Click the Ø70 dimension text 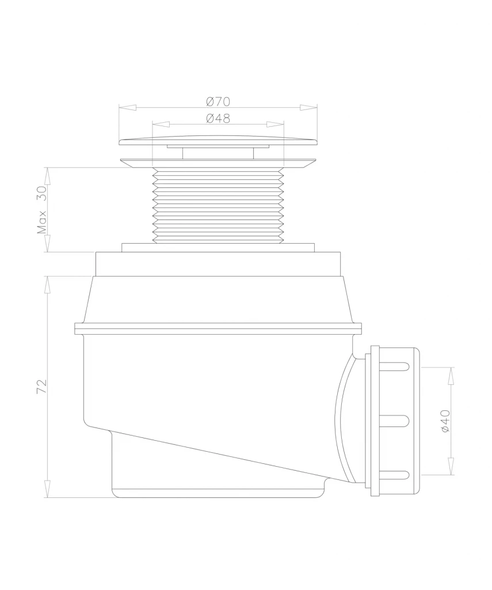(x=218, y=101)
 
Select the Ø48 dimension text (x=218, y=118)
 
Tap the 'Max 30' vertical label (x=41, y=210)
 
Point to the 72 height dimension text (x=41, y=387)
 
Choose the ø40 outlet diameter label (x=445, y=421)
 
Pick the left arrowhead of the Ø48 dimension (x=161, y=124)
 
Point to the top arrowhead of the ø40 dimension (x=451, y=376)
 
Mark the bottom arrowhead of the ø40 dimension (x=451, y=466)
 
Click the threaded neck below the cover (x=218, y=205)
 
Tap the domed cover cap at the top (x=218, y=140)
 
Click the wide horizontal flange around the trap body (x=218, y=328)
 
